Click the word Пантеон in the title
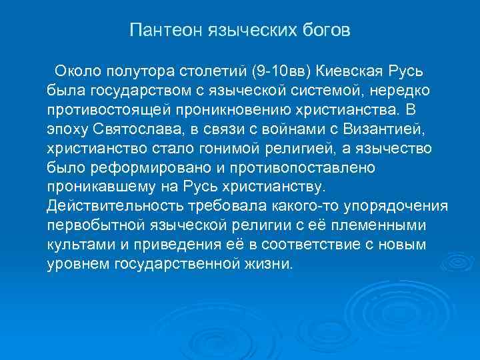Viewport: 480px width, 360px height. pos(160,31)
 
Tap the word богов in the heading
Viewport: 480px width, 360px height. pos(323,31)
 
